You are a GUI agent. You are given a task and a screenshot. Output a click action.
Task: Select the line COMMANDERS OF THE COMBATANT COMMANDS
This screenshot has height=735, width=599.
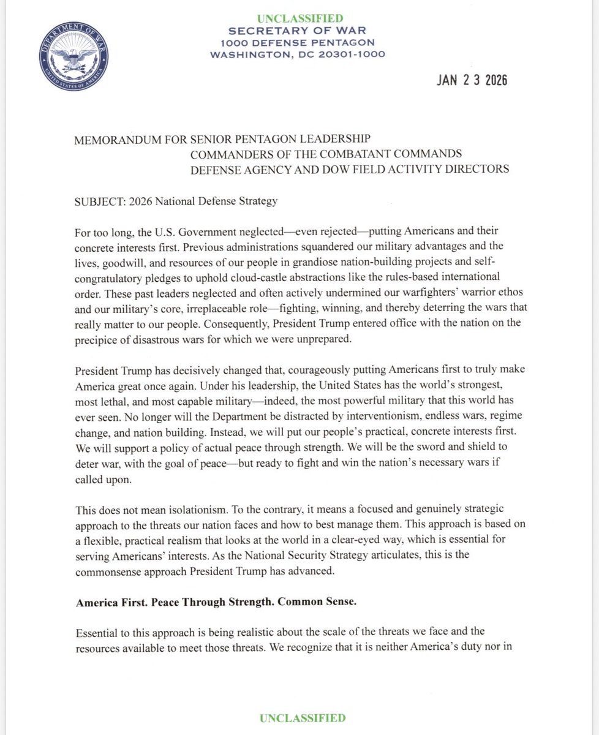click(x=326, y=154)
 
